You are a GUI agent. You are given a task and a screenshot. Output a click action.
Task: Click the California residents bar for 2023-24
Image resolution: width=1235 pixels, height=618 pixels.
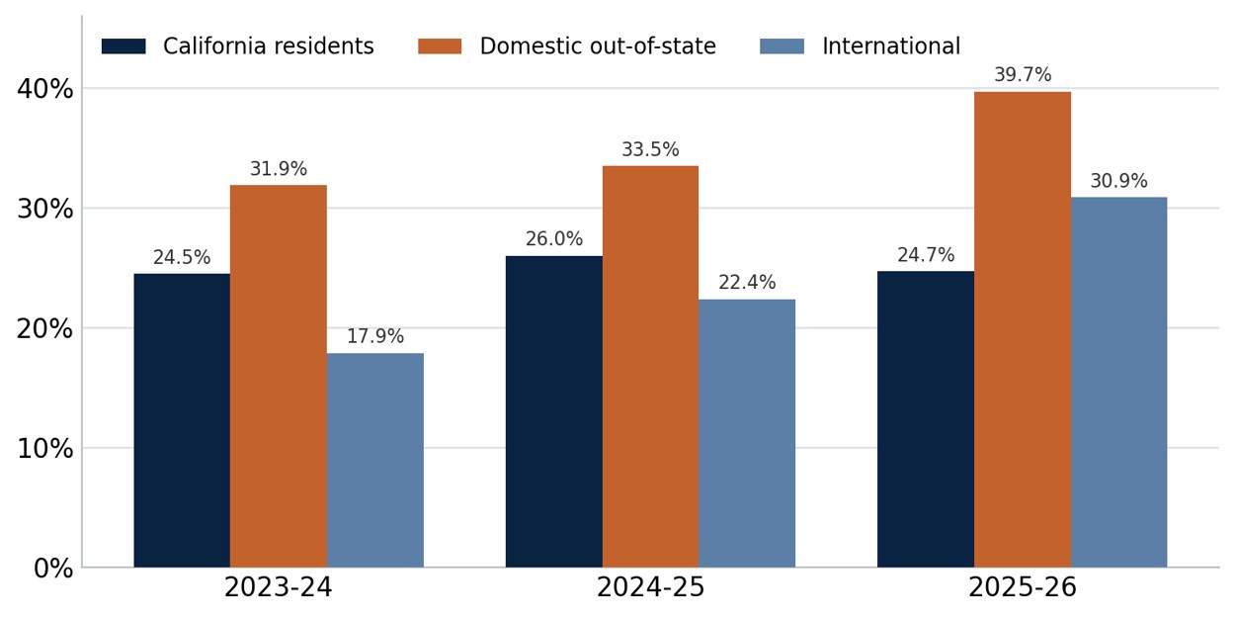[x=182, y=420]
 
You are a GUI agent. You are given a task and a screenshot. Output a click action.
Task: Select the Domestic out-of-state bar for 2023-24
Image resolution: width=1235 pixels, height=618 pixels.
[x=279, y=377]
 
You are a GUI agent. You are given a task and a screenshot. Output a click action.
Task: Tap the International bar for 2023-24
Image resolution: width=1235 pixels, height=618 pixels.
[x=375, y=460]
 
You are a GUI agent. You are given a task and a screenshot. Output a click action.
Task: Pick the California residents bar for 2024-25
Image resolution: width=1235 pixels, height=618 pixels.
[x=554, y=411]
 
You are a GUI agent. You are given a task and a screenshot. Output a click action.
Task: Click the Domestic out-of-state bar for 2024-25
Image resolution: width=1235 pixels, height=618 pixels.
[x=650, y=367]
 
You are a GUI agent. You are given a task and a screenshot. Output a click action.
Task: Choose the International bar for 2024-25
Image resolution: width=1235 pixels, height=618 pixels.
[x=747, y=433]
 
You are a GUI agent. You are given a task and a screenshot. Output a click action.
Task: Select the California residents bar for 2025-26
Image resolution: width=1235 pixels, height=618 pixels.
[x=926, y=419]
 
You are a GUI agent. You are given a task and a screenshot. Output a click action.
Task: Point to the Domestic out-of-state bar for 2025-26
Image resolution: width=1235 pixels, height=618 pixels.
[x=1023, y=329]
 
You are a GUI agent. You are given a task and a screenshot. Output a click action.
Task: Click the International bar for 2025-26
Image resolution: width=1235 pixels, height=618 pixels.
[x=1119, y=383]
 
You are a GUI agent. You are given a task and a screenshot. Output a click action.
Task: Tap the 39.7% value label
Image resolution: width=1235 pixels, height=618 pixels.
[x=1023, y=74]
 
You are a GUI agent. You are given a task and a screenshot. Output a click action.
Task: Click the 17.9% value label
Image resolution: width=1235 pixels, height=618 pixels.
[x=375, y=336]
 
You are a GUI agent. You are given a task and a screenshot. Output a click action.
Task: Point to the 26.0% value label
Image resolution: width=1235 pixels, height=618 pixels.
[x=554, y=239]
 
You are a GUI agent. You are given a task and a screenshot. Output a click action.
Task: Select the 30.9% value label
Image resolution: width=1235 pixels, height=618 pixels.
[x=1119, y=180]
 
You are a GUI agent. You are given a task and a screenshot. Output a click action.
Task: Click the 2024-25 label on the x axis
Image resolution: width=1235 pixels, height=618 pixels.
[x=650, y=587]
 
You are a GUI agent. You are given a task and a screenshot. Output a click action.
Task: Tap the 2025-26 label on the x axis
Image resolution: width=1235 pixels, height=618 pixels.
[x=1023, y=587]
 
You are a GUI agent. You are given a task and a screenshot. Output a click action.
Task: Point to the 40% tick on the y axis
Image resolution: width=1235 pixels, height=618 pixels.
[x=45, y=89]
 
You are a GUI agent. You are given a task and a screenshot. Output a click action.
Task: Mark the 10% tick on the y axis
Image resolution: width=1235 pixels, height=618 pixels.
[x=45, y=449]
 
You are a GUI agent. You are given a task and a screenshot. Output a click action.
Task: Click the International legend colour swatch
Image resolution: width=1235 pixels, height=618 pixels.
[x=782, y=46]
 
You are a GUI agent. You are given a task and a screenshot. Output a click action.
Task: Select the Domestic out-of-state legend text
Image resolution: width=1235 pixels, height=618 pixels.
[x=598, y=46]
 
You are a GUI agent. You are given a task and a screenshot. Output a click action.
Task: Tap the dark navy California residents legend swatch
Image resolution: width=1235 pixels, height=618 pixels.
[x=124, y=46]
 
